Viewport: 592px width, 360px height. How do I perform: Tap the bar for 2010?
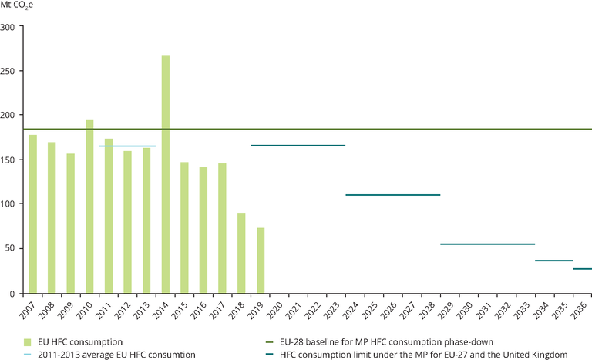click(89, 207)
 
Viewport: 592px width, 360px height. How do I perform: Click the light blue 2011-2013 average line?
click(127, 146)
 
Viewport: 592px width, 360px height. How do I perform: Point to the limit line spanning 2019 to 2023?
click(298, 146)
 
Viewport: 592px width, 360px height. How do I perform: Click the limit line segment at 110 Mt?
click(392, 195)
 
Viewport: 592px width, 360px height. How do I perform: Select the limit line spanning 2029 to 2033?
click(487, 244)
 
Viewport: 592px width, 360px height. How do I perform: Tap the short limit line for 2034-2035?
click(554, 261)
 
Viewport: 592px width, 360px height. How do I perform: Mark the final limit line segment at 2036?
click(583, 269)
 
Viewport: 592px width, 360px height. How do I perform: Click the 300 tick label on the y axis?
click(8, 27)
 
